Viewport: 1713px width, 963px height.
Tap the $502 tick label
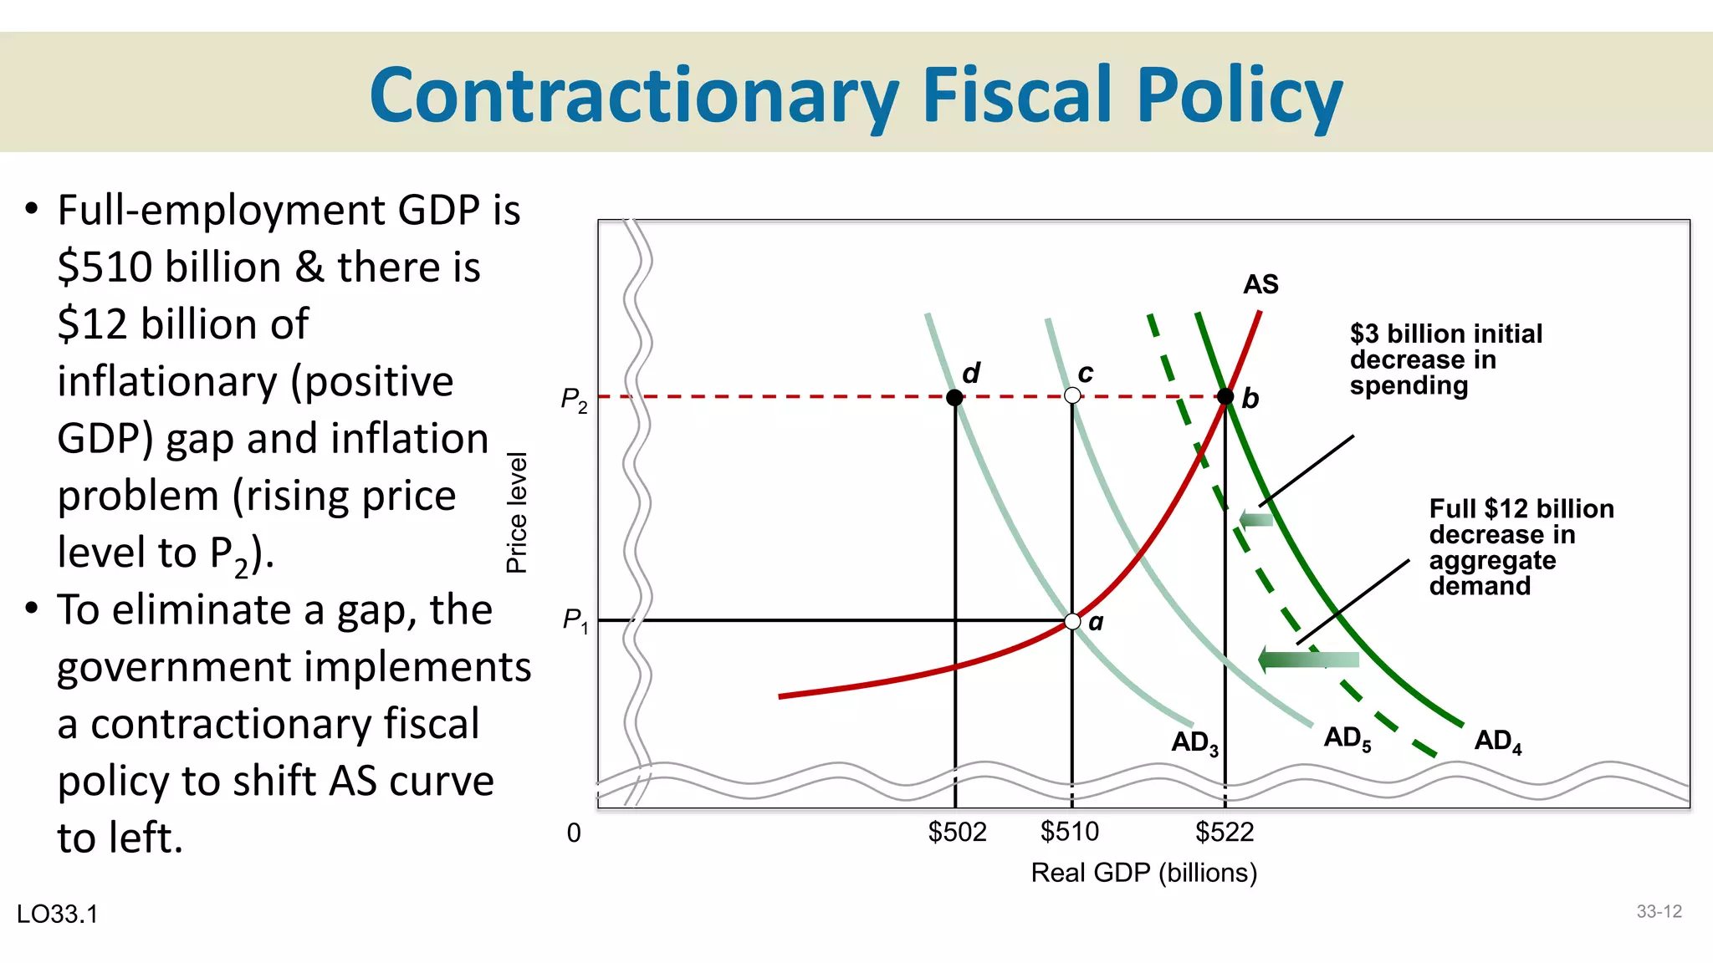point(957,832)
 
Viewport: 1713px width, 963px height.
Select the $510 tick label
point(1069,832)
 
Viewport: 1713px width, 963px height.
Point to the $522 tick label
point(1225,832)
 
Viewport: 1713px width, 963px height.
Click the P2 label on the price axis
point(574,400)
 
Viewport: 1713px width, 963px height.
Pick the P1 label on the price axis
point(575,620)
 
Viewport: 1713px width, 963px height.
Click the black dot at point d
point(954,397)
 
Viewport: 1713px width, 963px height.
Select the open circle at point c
point(1072,395)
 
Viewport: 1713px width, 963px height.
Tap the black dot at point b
point(1225,396)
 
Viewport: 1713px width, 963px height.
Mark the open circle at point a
point(1072,621)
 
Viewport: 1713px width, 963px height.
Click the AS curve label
point(1260,284)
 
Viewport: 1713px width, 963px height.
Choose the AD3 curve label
point(1194,742)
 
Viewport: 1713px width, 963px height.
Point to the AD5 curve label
point(1347,738)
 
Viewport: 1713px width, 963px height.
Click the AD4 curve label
point(1497,741)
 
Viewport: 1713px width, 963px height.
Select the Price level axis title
point(517,512)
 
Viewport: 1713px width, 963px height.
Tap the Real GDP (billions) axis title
point(1143,873)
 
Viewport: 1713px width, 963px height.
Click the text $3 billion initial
point(1445,334)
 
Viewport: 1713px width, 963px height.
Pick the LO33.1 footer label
point(57,914)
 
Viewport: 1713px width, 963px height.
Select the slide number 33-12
point(1659,911)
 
